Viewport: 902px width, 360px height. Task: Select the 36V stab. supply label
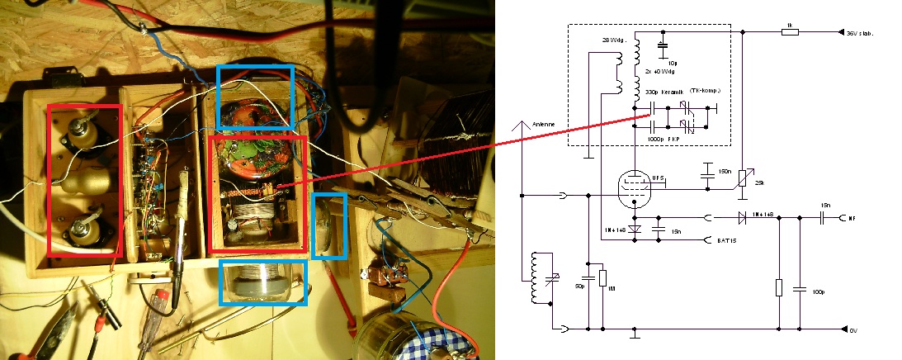point(860,34)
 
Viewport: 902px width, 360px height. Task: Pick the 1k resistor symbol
point(790,32)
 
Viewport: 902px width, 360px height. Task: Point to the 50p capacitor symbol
point(588,277)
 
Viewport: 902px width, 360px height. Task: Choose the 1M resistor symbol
point(603,277)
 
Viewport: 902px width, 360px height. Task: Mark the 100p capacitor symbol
point(800,288)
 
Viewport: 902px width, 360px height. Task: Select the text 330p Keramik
point(658,92)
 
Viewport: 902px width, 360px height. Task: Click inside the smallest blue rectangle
point(329,225)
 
